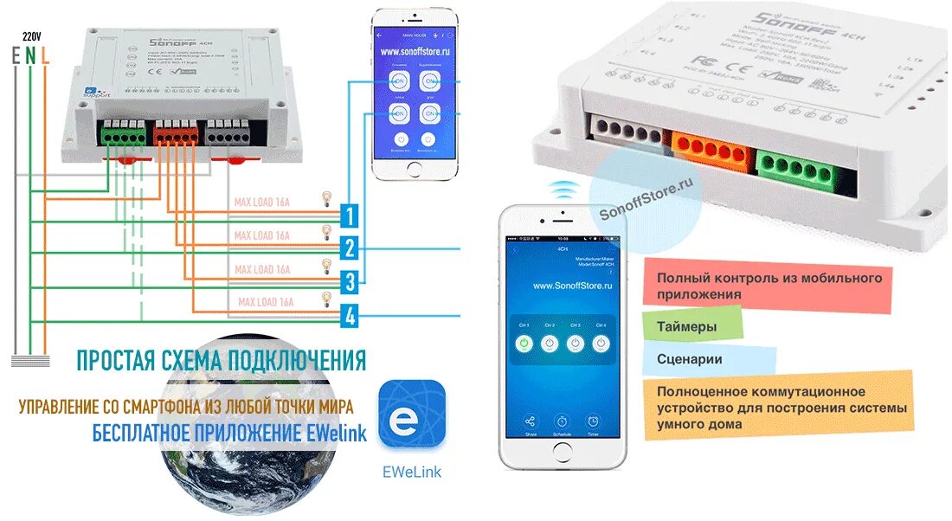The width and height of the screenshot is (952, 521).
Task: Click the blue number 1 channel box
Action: [349, 215]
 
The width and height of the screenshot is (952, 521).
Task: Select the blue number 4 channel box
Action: [349, 316]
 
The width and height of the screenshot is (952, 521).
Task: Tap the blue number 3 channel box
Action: [349, 281]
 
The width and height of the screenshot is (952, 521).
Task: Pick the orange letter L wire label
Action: [44, 55]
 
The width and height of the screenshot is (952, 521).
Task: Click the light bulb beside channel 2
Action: [326, 231]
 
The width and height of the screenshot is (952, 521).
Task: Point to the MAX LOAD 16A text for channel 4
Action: [267, 302]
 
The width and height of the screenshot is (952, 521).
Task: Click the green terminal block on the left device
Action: [123, 134]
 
